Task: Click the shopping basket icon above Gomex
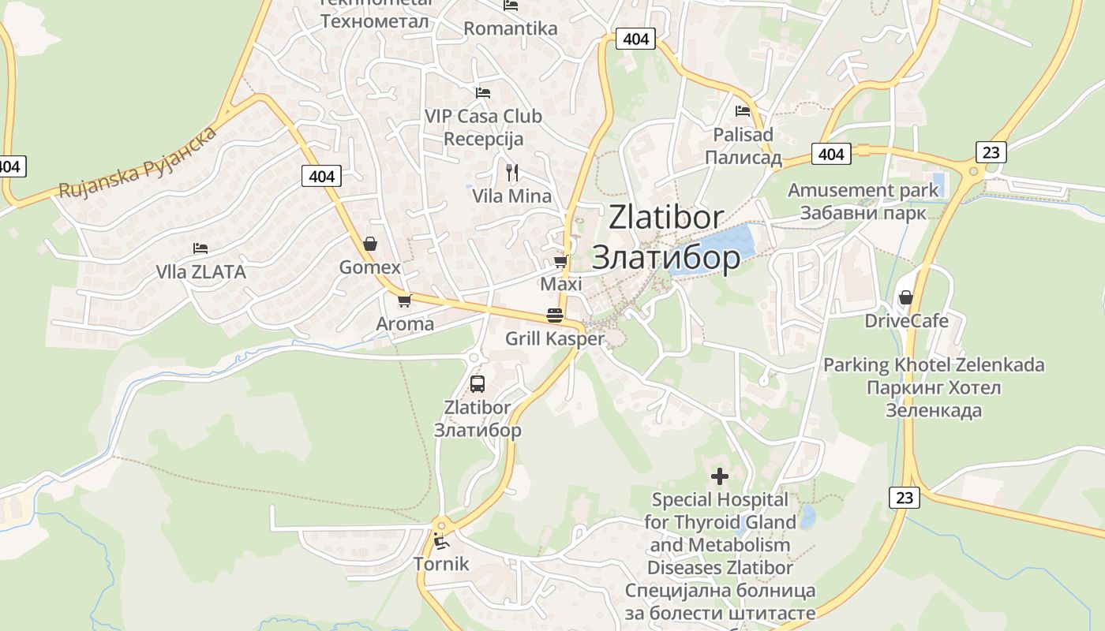click(369, 245)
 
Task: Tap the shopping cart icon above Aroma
click(405, 301)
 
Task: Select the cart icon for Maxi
click(561, 261)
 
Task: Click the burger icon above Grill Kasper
click(555, 315)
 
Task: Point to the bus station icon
click(478, 384)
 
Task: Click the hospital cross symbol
click(719, 476)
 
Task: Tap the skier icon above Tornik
click(440, 541)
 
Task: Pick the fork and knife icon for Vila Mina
click(512, 172)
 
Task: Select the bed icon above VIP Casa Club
click(483, 93)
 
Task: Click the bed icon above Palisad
click(743, 111)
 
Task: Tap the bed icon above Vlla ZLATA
click(200, 248)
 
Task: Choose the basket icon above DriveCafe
click(906, 297)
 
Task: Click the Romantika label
click(510, 29)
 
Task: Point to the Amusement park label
click(863, 190)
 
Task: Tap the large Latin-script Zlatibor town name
click(666, 218)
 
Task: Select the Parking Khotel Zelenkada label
click(934, 365)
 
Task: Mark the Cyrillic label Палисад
click(743, 158)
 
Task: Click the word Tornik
click(441, 564)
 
